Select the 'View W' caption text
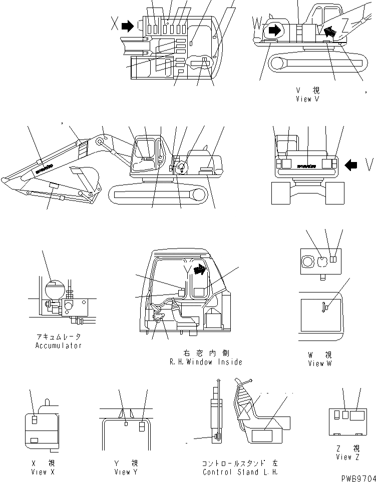tap(319, 363)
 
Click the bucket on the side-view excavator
tap(85, 177)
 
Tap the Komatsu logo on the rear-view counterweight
tap(306, 164)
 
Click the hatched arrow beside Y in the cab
tap(199, 270)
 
